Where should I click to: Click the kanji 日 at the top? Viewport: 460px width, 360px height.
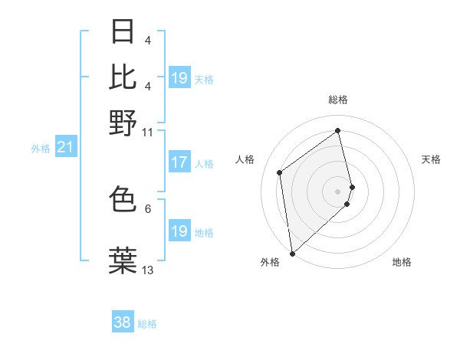click(123, 31)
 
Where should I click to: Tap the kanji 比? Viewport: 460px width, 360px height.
click(123, 76)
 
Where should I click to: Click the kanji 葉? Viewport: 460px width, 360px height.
click(123, 259)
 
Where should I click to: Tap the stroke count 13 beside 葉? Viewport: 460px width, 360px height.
click(147, 270)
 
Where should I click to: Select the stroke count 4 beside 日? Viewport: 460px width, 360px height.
click(147, 40)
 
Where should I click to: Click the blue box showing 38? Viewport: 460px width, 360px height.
click(123, 322)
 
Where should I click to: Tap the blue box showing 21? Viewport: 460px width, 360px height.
click(65, 147)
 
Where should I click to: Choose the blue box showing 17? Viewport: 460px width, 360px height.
click(179, 162)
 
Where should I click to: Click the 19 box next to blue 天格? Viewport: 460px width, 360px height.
click(179, 78)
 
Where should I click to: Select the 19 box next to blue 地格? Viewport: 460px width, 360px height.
click(179, 231)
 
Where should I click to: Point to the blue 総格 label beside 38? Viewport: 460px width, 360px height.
click(147, 324)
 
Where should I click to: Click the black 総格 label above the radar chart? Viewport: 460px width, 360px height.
click(337, 100)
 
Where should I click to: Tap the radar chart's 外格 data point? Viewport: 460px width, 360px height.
click(292, 254)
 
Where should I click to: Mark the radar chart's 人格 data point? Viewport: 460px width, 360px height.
click(280, 172)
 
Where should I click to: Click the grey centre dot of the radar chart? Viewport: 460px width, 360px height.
click(337, 191)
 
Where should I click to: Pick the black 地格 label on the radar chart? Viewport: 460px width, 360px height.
click(402, 262)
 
